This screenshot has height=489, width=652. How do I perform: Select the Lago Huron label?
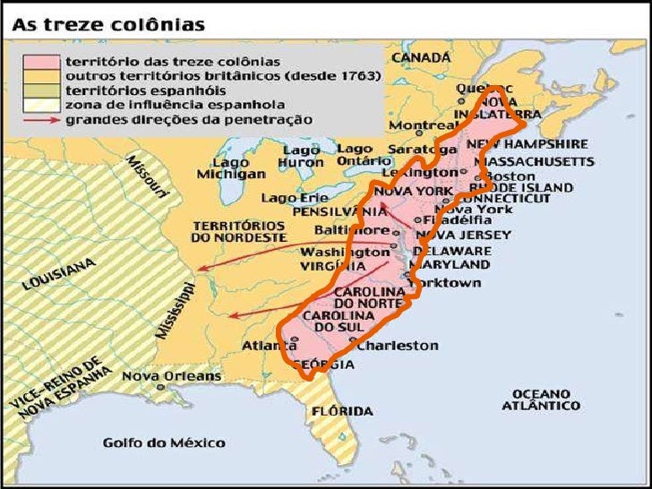(x=300, y=156)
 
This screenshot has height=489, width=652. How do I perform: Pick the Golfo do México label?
(x=164, y=442)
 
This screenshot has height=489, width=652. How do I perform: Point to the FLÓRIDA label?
(x=341, y=411)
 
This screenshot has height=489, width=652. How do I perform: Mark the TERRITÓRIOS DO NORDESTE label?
(x=237, y=231)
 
